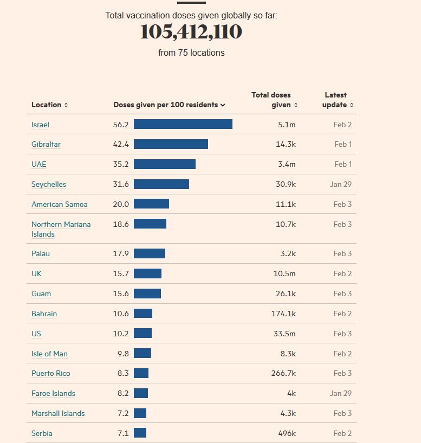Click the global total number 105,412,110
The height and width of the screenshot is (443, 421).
191,32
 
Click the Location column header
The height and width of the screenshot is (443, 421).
49,105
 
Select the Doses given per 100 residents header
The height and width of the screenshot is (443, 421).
169,105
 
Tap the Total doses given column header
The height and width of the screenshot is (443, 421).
274,100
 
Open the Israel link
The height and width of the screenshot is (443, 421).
40,125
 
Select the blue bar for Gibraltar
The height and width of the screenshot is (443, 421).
171,144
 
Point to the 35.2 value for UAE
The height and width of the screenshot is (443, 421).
121,164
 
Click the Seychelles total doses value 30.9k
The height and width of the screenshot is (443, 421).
286,184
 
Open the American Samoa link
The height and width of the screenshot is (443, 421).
59,204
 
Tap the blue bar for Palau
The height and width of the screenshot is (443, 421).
149,253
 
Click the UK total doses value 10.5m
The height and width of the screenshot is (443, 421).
284,273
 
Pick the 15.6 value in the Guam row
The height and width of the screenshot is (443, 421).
121,294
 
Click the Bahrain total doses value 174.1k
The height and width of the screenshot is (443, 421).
283,314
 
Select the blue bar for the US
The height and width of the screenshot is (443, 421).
143,334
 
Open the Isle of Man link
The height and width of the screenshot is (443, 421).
49,354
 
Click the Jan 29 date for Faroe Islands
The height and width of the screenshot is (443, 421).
341,393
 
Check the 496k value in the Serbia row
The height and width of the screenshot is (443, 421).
286,433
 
